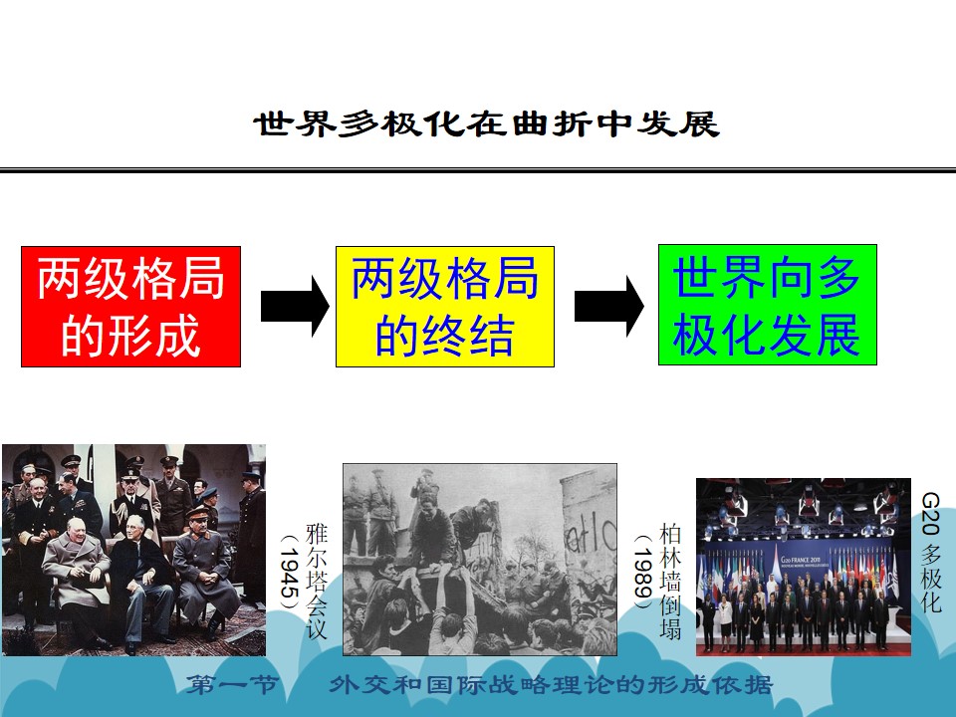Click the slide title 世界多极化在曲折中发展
pyautogui.click(x=486, y=123)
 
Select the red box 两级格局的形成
pyautogui.click(x=131, y=307)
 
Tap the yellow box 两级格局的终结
pyautogui.click(x=445, y=307)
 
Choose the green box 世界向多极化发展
pyautogui.click(x=768, y=305)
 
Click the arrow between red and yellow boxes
pyautogui.click(x=295, y=306)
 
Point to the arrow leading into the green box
pyautogui.click(x=609, y=306)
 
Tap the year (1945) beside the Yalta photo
pyautogui.click(x=290, y=572)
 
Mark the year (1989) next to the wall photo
pyautogui.click(x=643, y=572)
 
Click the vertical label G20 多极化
pyautogui.click(x=931, y=553)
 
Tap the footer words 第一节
pyautogui.click(x=232, y=685)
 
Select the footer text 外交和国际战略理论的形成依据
pyautogui.click(x=552, y=685)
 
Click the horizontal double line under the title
pyautogui.click(x=478, y=169)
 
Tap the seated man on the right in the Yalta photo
pyautogui.click(x=204, y=570)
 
